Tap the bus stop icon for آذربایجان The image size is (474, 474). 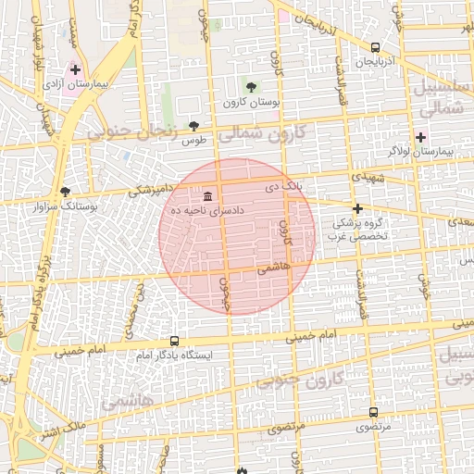375,47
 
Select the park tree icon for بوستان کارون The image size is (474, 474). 252,86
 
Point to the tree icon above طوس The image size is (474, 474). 193,127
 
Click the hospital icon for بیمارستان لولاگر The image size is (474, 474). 420,136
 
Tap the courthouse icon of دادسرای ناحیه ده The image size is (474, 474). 207,196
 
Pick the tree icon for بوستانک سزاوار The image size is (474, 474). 65,193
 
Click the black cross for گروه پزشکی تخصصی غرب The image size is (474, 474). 357,208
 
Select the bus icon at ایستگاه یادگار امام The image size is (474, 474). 174,342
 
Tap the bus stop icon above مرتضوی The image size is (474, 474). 373,412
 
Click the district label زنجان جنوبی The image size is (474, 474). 131,133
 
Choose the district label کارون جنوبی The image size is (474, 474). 298,380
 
